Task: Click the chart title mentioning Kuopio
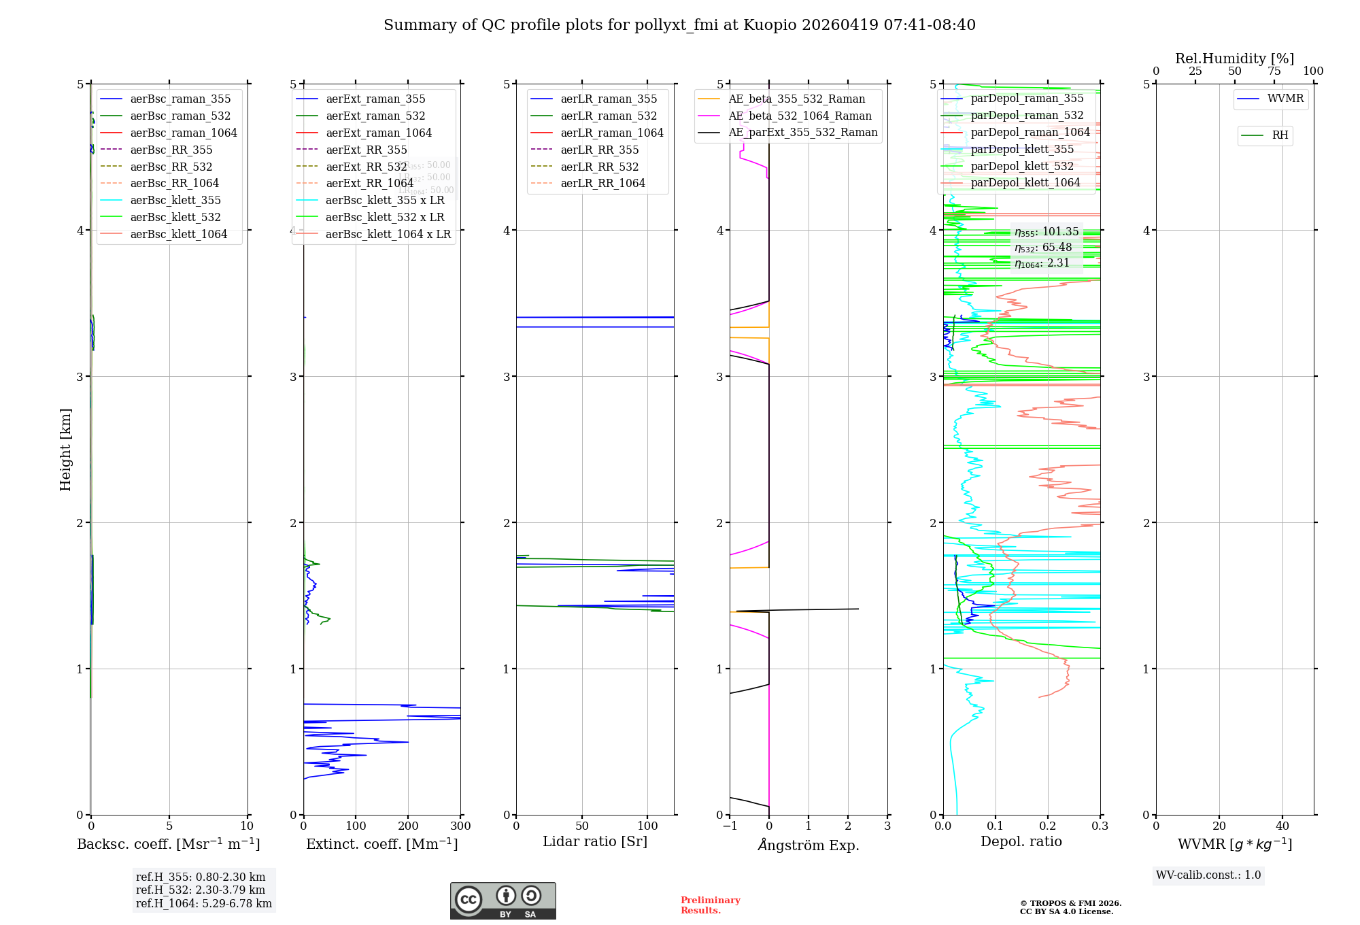(679, 25)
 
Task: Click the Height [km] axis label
(65, 450)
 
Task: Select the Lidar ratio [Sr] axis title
(595, 841)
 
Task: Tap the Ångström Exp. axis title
(809, 845)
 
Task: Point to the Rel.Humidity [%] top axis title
(1234, 58)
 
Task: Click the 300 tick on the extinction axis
(460, 826)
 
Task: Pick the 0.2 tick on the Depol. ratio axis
(1048, 826)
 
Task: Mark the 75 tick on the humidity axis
(1274, 71)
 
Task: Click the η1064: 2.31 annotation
(1042, 263)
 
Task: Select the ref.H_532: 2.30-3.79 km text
(201, 890)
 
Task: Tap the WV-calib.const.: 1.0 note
(1208, 875)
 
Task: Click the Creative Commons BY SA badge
(503, 901)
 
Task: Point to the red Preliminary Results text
(710, 905)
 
